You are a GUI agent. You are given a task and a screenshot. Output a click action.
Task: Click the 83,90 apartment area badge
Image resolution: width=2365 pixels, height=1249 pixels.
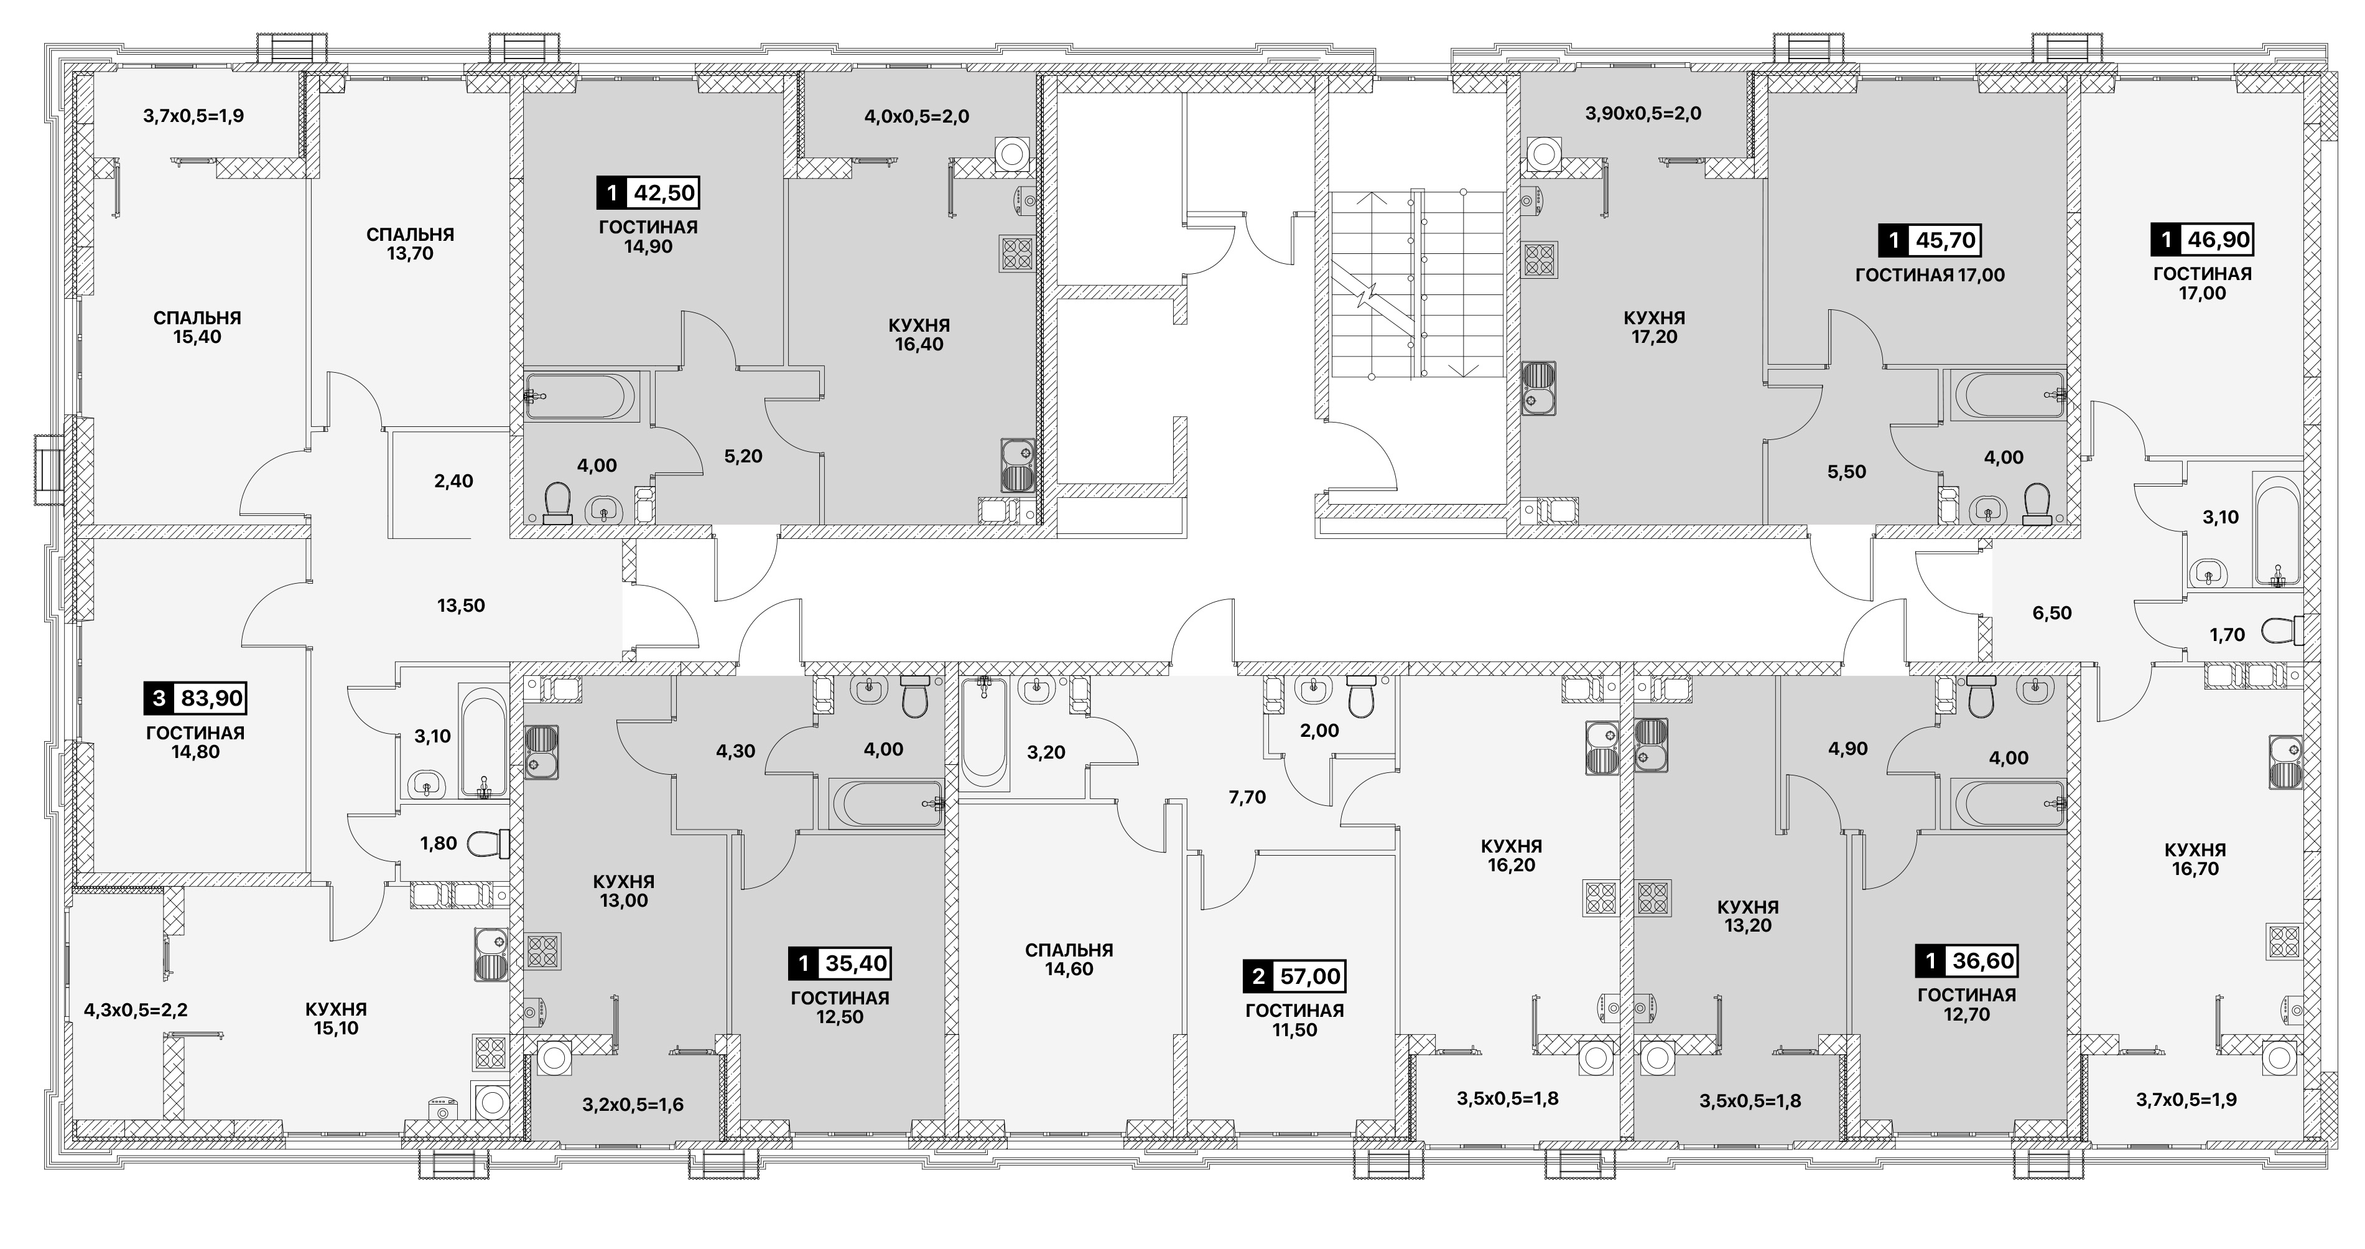[195, 699]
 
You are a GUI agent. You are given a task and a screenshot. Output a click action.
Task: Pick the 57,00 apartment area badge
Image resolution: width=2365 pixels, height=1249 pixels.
[1294, 976]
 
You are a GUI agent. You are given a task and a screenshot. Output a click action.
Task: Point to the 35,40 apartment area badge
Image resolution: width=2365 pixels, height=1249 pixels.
[840, 963]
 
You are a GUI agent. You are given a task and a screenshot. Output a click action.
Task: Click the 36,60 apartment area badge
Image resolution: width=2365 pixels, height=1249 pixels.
[1966, 961]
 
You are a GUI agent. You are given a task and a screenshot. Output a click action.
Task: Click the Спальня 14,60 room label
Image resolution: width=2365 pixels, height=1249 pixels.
[1069, 960]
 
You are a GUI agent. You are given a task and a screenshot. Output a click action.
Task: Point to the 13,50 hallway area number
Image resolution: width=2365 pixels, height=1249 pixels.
[461, 606]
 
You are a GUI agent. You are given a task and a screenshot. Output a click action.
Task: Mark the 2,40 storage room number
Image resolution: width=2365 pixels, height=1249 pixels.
[453, 481]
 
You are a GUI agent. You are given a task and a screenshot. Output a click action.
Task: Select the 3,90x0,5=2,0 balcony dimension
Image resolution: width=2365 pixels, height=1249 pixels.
[1643, 114]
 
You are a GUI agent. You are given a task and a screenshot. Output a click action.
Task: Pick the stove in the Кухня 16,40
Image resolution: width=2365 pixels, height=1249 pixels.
[1017, 253]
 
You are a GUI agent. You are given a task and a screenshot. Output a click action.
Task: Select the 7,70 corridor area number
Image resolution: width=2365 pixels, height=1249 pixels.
[1247, 798]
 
